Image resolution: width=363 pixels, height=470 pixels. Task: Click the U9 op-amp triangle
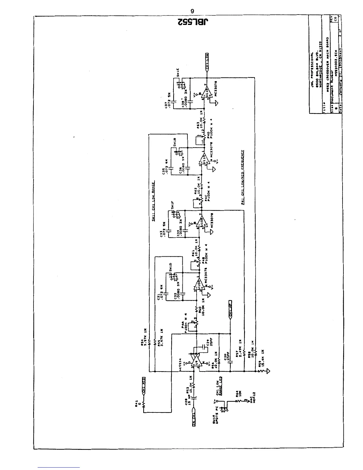click(x=196, y=361)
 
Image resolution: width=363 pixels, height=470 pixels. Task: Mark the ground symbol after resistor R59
click(x=269, y=371)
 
